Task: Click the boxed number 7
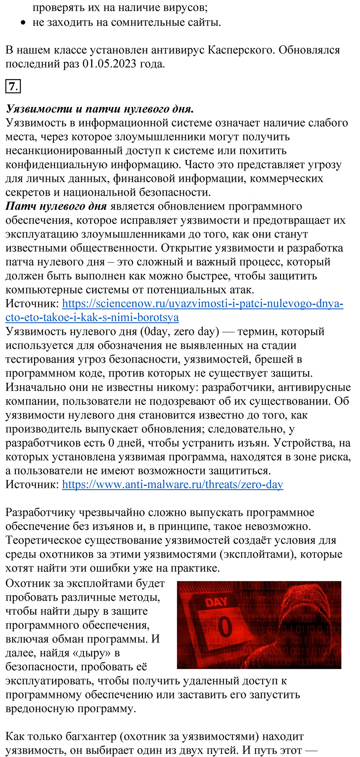[x=13, y=87]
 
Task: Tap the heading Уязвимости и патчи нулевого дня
[x=100, y=109]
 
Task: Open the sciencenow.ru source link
[x=202, y=303]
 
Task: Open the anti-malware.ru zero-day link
[x=172, y=484]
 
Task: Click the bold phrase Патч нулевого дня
[x=56, y=206]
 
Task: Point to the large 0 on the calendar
[x=225, y=627]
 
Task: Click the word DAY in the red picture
[x=216, y=602]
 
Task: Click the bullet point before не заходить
[x=24, y=23]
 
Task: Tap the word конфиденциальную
[x=56, y=165]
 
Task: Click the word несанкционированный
[x=73, y=151]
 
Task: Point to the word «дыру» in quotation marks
[x=90, y=653]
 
